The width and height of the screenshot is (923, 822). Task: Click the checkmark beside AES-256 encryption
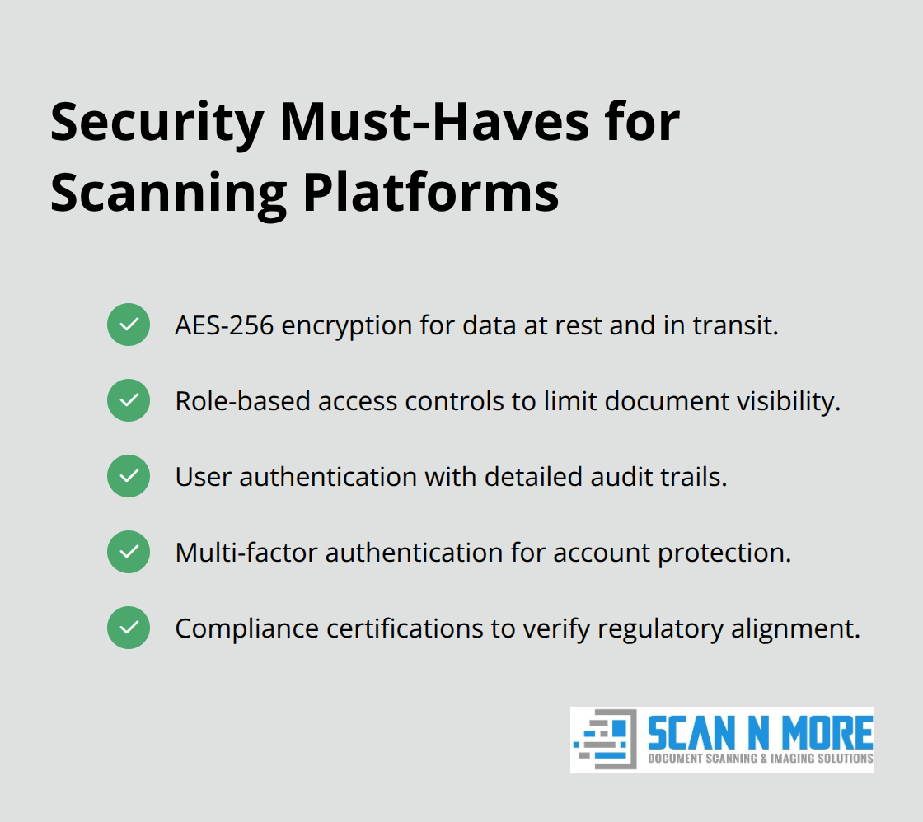[x=129, y=325]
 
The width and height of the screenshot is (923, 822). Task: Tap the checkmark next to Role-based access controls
[x=129, y=400]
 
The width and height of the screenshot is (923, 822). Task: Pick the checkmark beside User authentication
[x=129, y=476]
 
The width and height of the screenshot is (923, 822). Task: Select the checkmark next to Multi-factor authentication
[x=129, y=552]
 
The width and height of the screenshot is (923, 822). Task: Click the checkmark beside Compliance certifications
[x=129, y=628]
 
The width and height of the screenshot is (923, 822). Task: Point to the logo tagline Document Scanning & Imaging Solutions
[x=760, y=759]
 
